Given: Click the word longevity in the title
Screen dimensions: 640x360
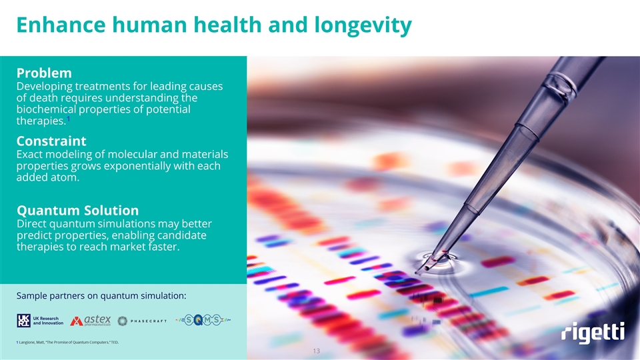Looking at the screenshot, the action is pyautogui.click(x=363, y=25).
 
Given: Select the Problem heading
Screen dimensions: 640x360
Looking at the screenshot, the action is pyautogui.click(x=44, y=73).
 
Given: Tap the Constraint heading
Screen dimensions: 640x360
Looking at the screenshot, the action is pyautogui.click(x=51, y=141).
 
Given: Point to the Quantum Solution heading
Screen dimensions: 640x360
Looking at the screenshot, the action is pyautogui.click(x=77, y=210).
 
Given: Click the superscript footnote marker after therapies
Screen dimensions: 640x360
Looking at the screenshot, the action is pyautogui.click(x=68, y=119).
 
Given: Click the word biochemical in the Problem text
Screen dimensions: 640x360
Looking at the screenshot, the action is pyautogui.click(x=46, y=109).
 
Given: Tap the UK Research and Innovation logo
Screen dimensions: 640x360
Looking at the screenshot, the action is pyautogui.click(x=40, y=321).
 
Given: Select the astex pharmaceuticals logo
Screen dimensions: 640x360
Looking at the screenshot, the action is pyautogui.click(x=90, y=321).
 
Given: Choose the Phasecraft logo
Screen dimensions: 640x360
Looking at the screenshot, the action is pyautogui.click(x=142, y=321).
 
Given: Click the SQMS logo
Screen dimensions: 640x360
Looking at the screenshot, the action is pyautogui.click(x=203, y=321).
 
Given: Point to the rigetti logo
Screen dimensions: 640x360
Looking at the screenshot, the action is pyautogui.click(x=593, y=333).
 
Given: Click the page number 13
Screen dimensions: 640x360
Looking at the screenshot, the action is pyautogui.click(x=316, y=351).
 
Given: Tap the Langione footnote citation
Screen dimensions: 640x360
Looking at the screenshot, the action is pyautogui.click(x=67, y=343).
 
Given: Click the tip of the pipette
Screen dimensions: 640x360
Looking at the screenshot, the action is pyautogui.click(x=417, y=272).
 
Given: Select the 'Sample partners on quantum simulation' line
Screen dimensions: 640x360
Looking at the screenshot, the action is pyautogui.click(x=101, y=295).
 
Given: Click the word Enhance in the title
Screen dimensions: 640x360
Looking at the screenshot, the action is pyautogui.click(x=61, y=25).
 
